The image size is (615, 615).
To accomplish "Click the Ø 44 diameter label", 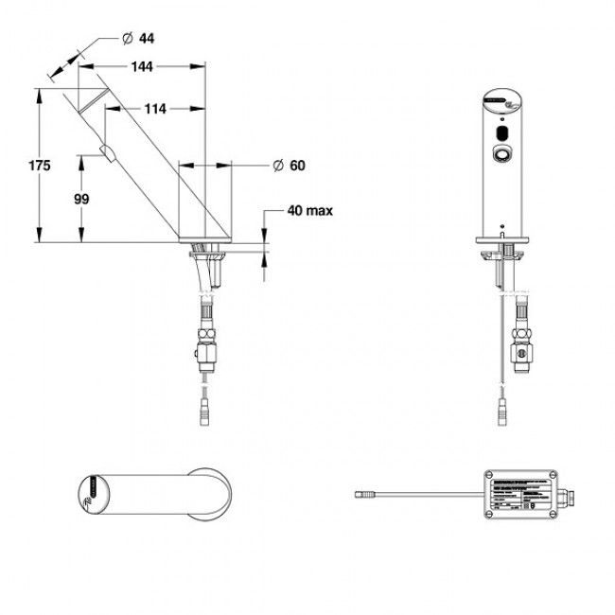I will coord(139,38).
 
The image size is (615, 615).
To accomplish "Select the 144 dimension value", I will coord(142,67).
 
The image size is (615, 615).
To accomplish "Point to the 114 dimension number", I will coord(155,109).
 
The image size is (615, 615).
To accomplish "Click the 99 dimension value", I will coord(81,199).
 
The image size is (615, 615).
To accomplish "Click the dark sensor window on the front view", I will coord(501,133).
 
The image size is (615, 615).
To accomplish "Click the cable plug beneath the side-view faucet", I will coord(205,413).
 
